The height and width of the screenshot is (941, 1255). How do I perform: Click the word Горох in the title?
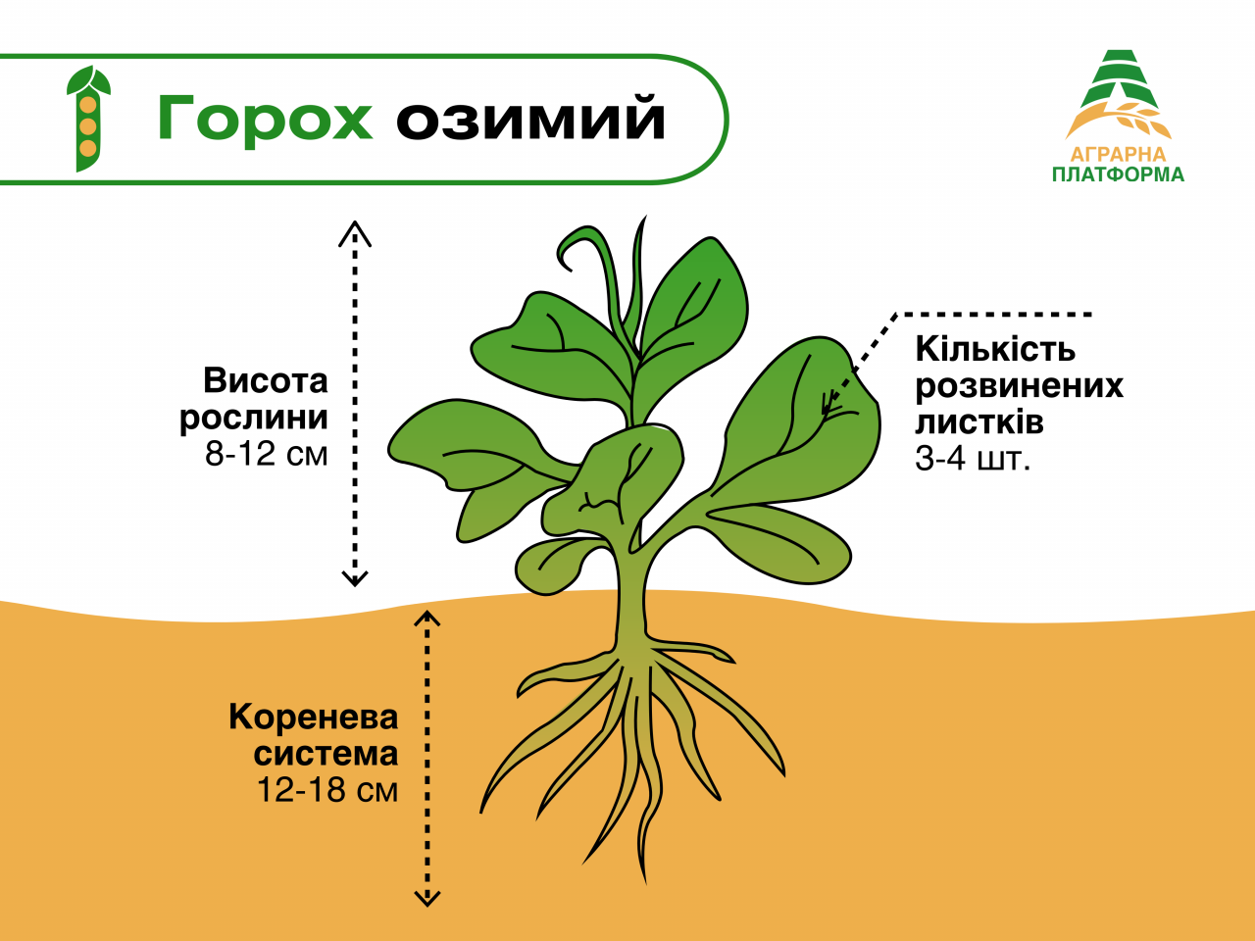click(265, 119)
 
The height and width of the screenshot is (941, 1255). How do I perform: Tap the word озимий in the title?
click(531, 119)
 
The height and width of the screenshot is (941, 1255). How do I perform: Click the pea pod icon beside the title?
click(88, 120)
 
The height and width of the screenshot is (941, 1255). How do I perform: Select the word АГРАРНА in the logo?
click(1118, 155)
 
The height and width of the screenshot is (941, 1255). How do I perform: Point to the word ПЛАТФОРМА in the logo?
click(1118, 175)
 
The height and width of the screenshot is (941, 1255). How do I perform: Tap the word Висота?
click(266, 380)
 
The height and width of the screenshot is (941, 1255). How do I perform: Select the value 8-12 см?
click(267, 454)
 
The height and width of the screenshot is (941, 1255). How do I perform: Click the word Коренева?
click(314, 718)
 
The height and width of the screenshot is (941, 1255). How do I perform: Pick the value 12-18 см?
click(327, 790)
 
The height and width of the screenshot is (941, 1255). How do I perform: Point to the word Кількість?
click(995, 349)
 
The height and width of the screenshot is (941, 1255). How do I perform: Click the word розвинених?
click(1019, 386)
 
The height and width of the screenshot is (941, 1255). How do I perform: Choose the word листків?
click(979, 422)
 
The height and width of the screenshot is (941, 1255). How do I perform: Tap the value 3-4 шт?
click(973, 459)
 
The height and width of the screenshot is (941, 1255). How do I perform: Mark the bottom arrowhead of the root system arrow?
click(427, 897)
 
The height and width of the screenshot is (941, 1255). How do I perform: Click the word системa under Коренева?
click(326, 754)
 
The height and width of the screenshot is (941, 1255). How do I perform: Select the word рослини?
click(254, 418)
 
